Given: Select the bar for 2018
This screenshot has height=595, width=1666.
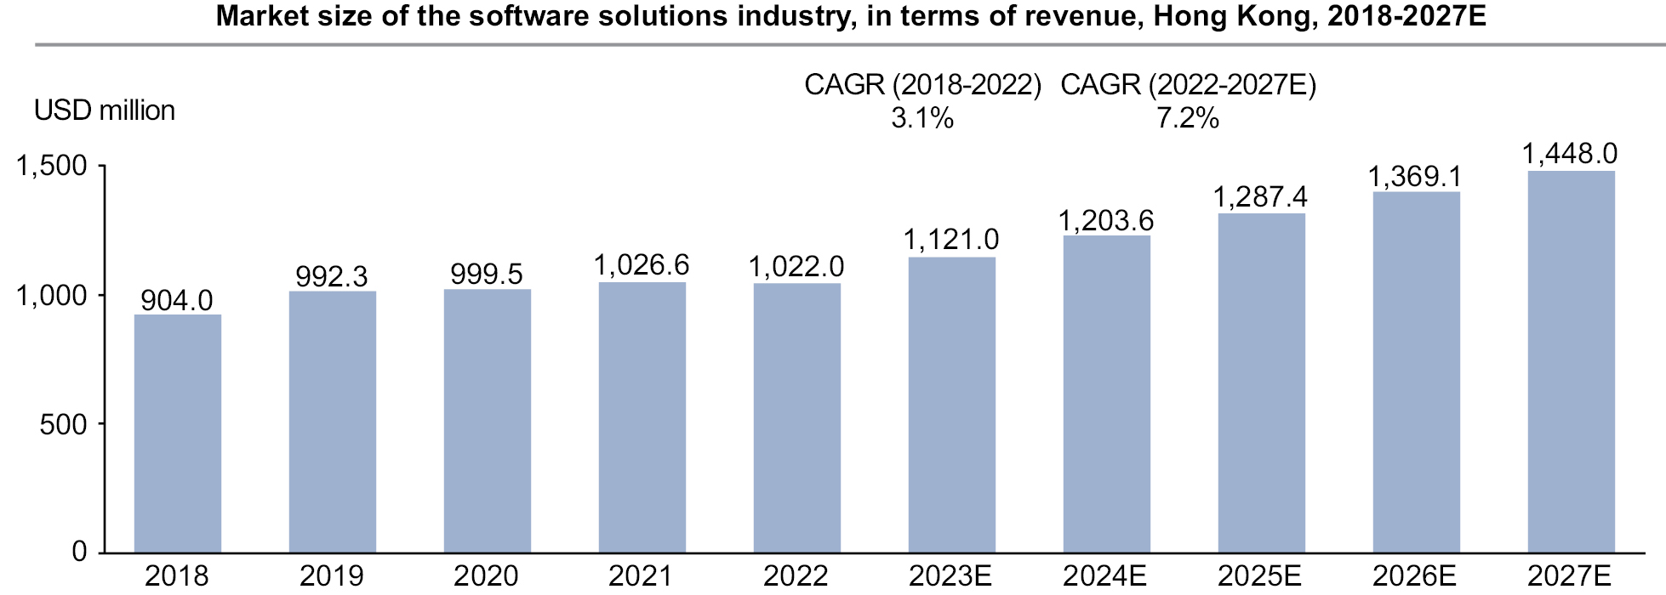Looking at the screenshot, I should (178, 433).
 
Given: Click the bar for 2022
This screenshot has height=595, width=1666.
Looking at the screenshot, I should (797, 418).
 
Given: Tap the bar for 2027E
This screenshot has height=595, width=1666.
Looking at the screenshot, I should (1571, 362).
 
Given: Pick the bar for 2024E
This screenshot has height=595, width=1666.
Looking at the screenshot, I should (1106, 394).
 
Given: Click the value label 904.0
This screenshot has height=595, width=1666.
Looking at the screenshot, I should (177, 300).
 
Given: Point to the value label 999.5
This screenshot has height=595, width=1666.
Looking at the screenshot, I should (487, 274).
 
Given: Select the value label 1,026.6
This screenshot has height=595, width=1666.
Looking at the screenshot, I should (642, 265).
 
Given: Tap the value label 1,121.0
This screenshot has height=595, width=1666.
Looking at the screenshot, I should (951, 240).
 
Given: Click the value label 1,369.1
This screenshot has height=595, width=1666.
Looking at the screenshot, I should (1415, 176).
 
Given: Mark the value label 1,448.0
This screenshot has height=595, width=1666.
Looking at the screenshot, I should (1570, 153).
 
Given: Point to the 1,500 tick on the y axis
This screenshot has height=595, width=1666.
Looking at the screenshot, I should (52, 166).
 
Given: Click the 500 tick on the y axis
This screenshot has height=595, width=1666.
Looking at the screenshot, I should (64, 424).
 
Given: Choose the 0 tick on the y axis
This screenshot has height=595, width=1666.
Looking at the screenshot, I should (80, 552).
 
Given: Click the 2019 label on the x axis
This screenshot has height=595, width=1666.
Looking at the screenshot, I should (332, 576).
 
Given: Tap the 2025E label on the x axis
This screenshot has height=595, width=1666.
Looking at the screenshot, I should (1260, 576).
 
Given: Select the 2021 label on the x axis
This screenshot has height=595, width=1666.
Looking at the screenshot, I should (642, 576).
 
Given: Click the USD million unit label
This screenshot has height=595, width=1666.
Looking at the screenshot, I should (105, 110).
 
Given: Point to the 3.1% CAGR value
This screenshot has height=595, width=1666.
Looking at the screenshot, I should (922, 118).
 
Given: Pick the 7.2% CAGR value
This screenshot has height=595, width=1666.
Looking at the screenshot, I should (1188, 118).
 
